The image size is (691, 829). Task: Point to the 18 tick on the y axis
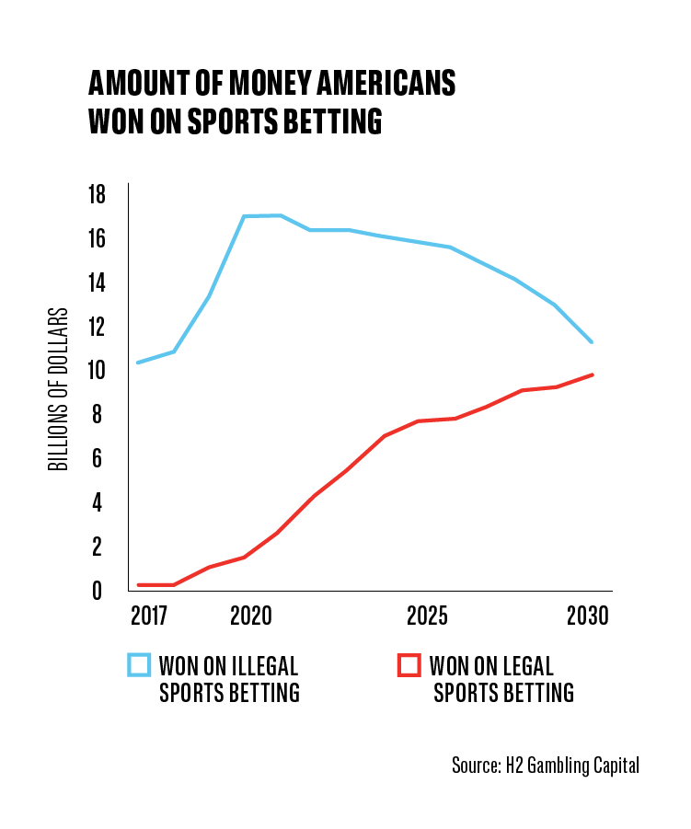point(97,194)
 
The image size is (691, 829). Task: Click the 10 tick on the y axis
point(97,370)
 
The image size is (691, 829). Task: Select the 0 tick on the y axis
point(97,591)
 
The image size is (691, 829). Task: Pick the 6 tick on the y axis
point(97,458)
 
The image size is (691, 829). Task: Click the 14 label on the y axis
point(97,282)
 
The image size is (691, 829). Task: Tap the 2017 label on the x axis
point(148,616)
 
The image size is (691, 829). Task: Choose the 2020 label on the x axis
point(250,616)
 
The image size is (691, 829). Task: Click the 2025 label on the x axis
point(427,616)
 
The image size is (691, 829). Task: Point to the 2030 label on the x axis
point(588,616)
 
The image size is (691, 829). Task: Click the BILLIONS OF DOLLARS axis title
point(58,389)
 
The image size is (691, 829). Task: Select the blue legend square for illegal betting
point(139,665)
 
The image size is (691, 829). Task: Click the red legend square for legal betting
point(409,665)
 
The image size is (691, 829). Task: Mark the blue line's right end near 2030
point(592,342)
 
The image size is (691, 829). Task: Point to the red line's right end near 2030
point(593,374)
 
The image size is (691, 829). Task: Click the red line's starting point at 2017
point(139,585)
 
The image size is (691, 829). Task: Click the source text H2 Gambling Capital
point(572,766)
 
